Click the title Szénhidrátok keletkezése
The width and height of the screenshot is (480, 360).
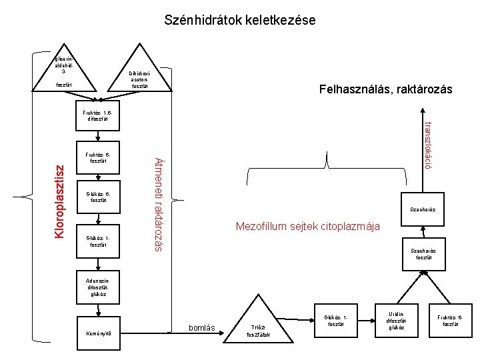coord(240,21)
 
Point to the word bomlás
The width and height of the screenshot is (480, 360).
coord(202,328)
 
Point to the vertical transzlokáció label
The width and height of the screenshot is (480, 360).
coord(429,145)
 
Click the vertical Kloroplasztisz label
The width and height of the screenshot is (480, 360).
coord(59,201)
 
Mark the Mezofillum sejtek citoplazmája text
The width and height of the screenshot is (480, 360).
coord(308,227)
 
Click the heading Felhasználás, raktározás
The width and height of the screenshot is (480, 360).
coord(385,89)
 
